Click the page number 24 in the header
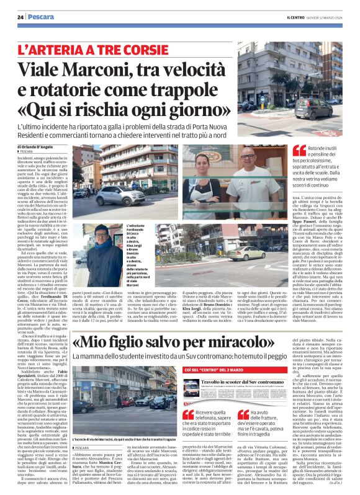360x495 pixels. click(20, 17)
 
